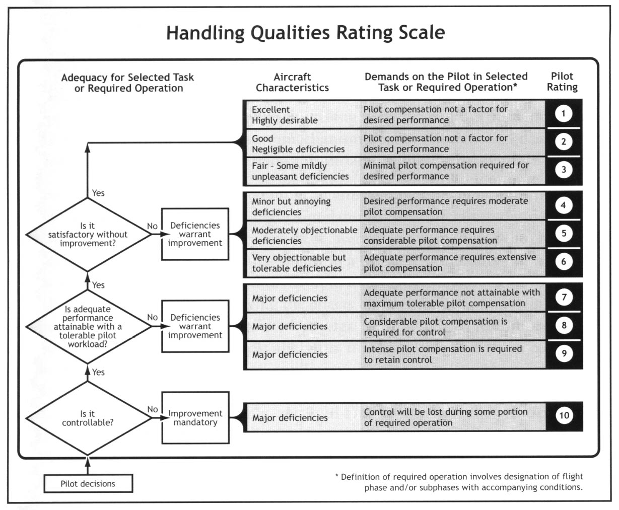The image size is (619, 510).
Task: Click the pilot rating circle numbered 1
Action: tap(563, 113)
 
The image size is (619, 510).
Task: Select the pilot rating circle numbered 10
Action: tap(564, 415)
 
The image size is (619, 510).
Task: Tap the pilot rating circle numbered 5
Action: tap(564, 233)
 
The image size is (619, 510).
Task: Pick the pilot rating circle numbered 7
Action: tap(564, 297)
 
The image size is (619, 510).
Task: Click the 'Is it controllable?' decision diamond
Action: tap(88, 418)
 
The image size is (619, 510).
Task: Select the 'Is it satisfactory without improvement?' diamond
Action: tap(88, 235)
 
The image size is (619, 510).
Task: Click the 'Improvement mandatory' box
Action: tap(195, 417)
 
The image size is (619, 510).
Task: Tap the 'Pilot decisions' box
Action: tap(88, 484)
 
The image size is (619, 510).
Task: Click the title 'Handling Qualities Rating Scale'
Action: tap(305, 33)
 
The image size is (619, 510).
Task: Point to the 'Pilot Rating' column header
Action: tap(562, 82)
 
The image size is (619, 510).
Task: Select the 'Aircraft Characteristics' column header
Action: tap(292, 83)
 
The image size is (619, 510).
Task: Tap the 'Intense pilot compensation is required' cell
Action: tap(453, 354)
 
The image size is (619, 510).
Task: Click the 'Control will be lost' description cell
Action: tap(453, 417)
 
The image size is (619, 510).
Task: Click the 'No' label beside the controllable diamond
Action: tap(153, 409)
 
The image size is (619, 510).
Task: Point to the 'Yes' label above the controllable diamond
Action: tap(98, 372)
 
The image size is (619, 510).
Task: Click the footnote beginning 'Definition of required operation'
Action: tap(459, 482)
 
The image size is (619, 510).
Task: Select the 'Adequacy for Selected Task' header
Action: tap(128, 83)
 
